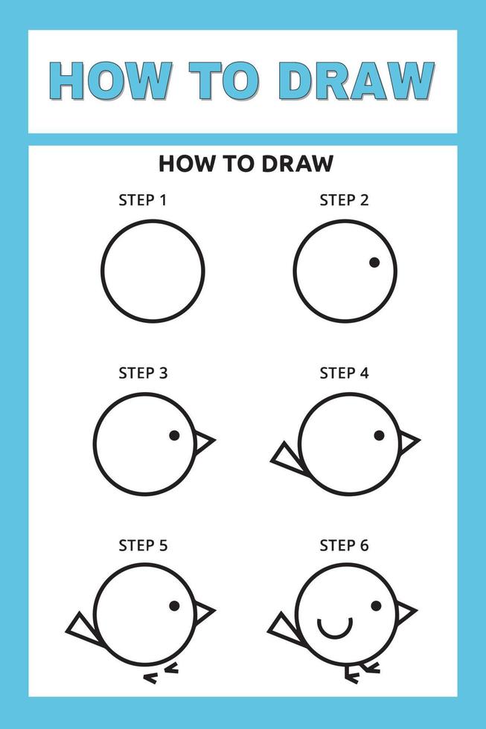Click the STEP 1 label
tap(142, 200)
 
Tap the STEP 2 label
tap(344, 200)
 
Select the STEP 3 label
tap(142, 373)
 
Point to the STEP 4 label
tap(344, 373)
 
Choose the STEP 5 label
tap(142, 545)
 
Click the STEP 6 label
tap(344, 545)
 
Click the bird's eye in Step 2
tap(374, 263)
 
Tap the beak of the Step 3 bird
tap(203, 442)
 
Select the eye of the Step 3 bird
tap(174, 435)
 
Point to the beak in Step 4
tap(407, 442)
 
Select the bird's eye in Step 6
tap(377, 606)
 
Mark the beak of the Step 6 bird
tap(405, 612)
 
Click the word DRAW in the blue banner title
tap(356, 81)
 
